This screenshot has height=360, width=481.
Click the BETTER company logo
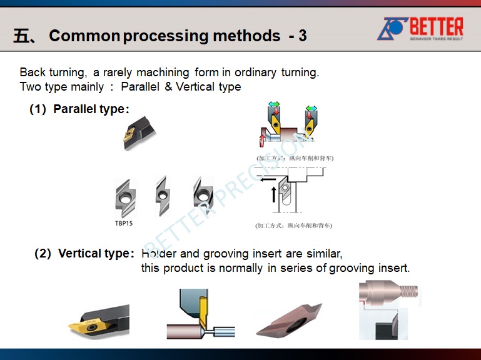(x=420, y=29)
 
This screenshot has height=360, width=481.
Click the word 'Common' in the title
(x=84, y=36)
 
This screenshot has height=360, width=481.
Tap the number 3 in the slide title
(x=303, y=36)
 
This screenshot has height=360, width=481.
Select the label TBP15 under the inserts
(x=123, y=223)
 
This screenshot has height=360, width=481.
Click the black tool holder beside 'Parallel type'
(x=139, y=132)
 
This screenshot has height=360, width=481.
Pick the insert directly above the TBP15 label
(x=125, y=197)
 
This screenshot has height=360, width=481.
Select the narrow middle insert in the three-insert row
(x=163, y=196)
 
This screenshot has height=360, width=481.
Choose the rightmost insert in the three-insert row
(x=203, y=196)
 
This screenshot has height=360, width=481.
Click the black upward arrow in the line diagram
(x=273, y=194)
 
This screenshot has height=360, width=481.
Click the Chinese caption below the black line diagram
(x=293, y=226)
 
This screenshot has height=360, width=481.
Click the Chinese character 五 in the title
(x=21, y=36)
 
